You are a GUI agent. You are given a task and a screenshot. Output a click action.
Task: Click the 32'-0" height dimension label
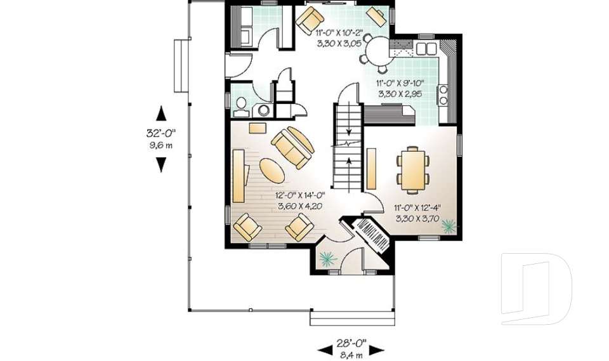pos(160,134)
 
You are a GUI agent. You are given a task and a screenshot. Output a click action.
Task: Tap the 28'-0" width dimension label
pos(351,342)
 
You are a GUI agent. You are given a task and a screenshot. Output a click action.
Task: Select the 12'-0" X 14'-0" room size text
pos(300,196)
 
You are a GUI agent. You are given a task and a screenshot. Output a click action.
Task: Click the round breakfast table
pos(379,49)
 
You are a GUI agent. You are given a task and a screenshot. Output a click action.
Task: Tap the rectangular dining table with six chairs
pos(412,169)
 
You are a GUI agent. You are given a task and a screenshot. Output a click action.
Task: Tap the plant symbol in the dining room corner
pos(449,225)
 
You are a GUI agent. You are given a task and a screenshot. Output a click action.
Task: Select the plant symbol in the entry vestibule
pos(327,258)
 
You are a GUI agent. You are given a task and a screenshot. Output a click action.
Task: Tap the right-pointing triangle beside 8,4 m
pos(377,350)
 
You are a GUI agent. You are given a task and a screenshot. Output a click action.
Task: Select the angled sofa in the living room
pos(292,147)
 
